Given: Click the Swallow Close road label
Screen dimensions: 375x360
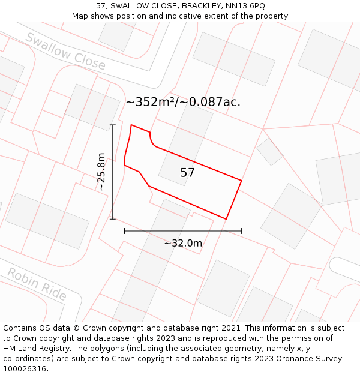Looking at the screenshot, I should tap(65, 51).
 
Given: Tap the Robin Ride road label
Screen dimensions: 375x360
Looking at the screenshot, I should tap(37, 284).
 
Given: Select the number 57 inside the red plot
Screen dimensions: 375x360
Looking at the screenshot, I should tap(187, 173).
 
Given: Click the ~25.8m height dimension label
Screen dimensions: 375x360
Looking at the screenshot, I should tap(101, 172).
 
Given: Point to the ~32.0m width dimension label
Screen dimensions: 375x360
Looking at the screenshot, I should tap(183, 243).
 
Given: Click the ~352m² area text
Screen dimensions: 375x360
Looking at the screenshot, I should tap(150, 102).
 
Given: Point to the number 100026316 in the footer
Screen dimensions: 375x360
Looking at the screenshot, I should tap(24, 369).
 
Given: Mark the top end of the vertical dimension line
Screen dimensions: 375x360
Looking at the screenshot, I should tap(113, 125).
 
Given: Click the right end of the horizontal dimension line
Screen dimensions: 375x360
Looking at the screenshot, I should tap(242, 230).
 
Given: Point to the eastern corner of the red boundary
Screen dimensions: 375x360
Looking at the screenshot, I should tap(241, 180).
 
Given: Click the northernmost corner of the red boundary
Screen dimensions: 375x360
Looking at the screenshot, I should tap(131, 125).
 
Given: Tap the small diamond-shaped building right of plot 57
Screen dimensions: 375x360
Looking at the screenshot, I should tap(269, 151).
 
